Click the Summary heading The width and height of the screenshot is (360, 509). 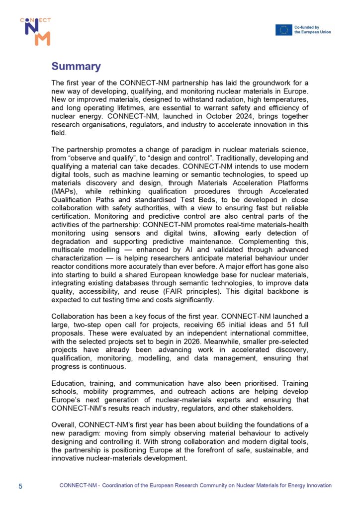pos(76,67)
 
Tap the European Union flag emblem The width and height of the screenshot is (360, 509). pos(284,30)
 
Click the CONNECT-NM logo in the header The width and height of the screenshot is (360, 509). pos(35,31)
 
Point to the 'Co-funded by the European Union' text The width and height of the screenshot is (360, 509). pos(312,30)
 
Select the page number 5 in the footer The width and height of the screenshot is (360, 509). pos(20,486)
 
